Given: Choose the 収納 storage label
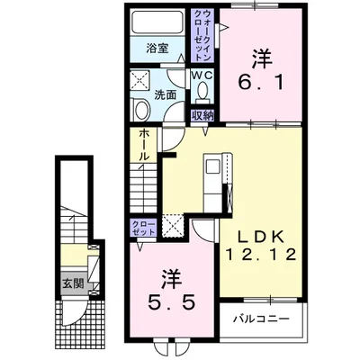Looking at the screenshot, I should [x=202, y=114].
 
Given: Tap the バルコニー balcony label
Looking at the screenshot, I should [x=261, y=319].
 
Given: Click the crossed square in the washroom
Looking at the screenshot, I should [x=141, y=80].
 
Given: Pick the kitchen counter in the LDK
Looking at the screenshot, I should [x=211, y=176].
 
